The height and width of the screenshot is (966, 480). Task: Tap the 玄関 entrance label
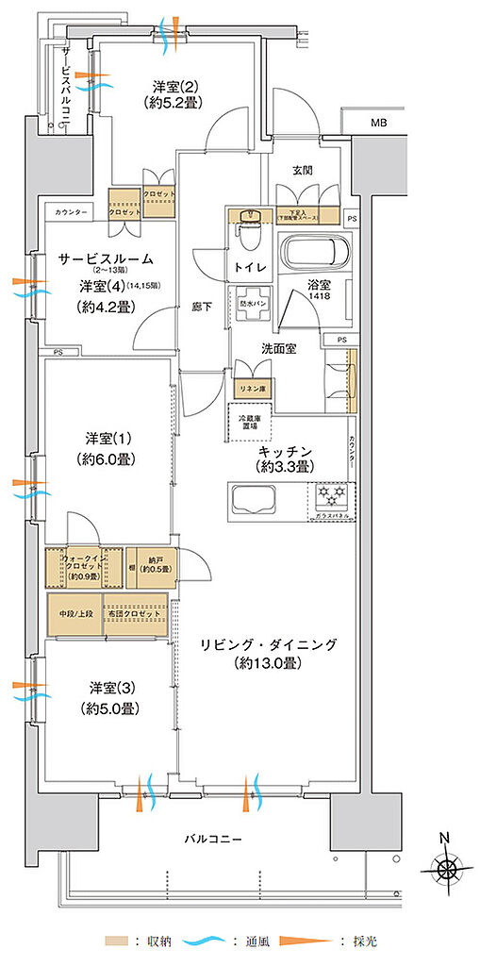pyautogui.click(x=302, y=171)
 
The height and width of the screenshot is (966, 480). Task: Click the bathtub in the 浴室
pyautogui.click(x=316, y=255)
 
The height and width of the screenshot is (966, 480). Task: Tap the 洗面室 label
pyautogui.click(x=279, y=348)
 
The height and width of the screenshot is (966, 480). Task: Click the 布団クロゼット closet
pyautogui.click(x=136, y=615)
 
